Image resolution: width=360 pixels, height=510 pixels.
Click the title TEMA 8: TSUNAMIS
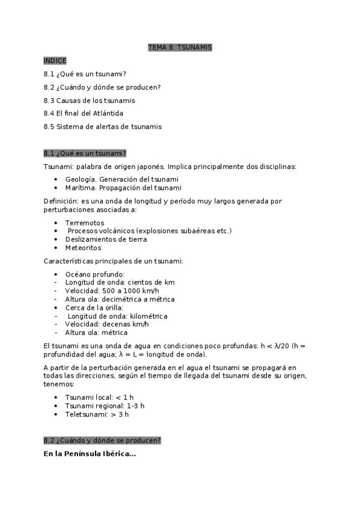180,47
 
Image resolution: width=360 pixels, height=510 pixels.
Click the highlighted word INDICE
55,61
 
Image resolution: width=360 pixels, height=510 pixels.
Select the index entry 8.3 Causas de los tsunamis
89,100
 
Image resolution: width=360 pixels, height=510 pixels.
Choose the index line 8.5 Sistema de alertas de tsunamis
102,127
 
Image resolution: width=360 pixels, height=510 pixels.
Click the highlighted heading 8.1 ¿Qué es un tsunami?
85,153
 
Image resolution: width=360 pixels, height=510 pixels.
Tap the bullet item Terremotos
84,223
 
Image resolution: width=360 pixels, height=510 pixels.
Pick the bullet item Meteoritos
83,248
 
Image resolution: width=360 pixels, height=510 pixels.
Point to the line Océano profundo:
94,274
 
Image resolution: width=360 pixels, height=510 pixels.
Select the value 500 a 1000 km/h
130,290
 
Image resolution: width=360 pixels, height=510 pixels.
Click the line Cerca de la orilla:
94,307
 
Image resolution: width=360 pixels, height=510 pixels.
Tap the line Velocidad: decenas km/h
106,324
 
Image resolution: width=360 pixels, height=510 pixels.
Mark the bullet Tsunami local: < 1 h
100,398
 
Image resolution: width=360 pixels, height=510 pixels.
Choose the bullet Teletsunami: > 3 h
97,414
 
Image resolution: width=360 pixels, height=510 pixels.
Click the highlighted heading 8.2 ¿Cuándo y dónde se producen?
102,441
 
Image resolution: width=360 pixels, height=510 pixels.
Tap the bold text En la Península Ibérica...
90,453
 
